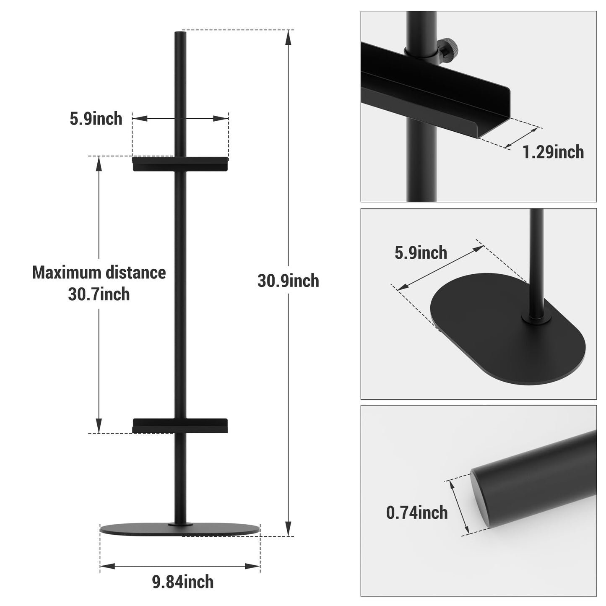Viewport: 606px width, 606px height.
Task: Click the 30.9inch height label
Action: [288, 281]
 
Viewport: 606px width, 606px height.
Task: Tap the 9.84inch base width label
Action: [183, 582]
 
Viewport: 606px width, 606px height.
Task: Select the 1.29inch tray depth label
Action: [553, 152]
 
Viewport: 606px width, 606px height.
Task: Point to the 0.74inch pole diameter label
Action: [417, 512]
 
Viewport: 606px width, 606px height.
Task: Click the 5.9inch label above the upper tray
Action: [96, 119]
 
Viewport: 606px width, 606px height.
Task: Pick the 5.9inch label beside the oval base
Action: [421, 253]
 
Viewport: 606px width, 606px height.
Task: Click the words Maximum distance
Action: [99, 273]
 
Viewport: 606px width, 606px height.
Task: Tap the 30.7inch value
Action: [99, 294]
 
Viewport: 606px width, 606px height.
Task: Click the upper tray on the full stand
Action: [180, 164]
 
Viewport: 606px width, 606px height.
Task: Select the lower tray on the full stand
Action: [180, 426]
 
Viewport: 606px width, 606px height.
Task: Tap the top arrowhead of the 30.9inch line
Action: [288, 37]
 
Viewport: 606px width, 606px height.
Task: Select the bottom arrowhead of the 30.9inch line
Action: [288, 529]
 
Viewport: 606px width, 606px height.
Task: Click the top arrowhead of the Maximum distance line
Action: [99, 163]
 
